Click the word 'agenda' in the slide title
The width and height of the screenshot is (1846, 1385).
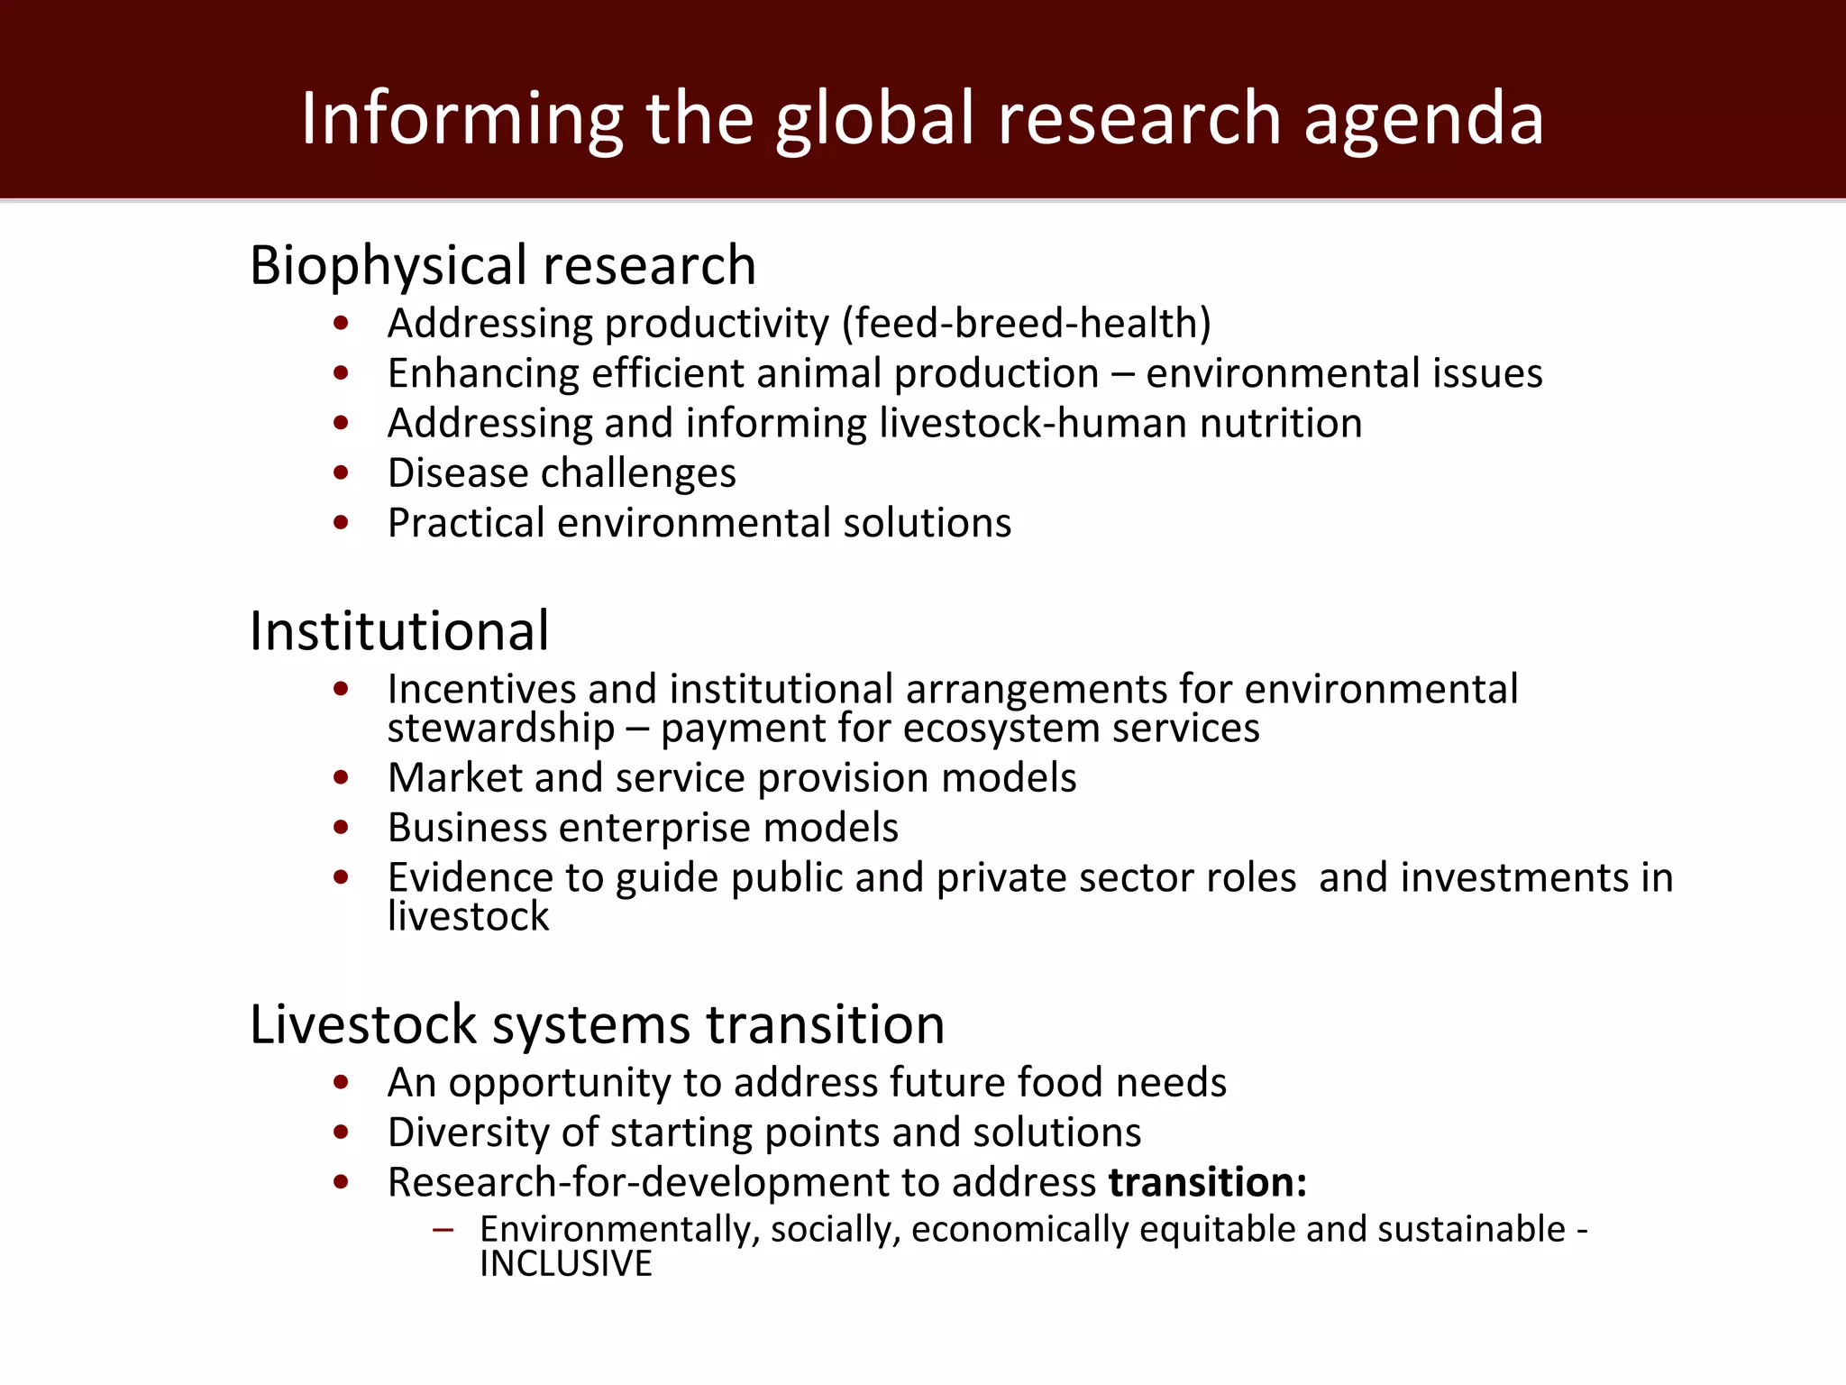coord(1423,119)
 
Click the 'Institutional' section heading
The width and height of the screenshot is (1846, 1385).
coord(398,630)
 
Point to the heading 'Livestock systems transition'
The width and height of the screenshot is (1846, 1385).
coord(597,1024)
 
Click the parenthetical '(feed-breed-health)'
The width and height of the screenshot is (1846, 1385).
coord(1026,324)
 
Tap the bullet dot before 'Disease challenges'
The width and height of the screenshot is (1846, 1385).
coord(341,472)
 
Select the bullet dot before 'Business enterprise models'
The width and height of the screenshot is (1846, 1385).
coord(341,827)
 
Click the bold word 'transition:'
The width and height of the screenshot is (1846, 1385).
coord(1208,1182)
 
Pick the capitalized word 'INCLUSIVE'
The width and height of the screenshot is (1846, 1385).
coord(565,1264)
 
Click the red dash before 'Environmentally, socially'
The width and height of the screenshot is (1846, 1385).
coord(442,1230)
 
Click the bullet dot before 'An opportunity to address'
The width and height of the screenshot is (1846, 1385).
coord(341,1082)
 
